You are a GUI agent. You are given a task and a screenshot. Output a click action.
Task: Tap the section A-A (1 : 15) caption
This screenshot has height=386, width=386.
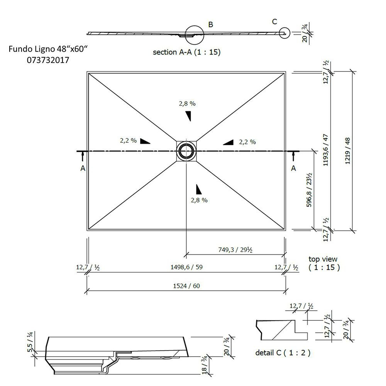click(x=186, y=52)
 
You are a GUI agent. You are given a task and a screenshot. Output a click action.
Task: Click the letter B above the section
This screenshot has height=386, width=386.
click(x=211, y=25)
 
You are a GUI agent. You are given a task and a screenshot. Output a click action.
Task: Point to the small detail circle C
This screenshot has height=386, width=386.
click(x=285, y=34)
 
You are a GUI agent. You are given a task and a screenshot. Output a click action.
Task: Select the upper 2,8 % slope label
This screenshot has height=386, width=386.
click(x=187, y=103)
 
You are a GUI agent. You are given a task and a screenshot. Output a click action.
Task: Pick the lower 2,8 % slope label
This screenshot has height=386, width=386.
click(x=199, y=200)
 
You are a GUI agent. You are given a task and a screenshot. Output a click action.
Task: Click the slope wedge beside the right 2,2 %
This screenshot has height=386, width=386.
click(x=229, y=142)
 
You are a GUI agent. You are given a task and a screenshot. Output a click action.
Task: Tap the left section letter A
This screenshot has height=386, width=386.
click(x=83, y=168)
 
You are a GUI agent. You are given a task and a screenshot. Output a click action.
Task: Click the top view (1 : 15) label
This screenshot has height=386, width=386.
click(x=323, y=263)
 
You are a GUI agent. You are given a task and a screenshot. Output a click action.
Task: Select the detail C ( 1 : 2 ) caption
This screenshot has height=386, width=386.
click(x=283, y=352)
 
